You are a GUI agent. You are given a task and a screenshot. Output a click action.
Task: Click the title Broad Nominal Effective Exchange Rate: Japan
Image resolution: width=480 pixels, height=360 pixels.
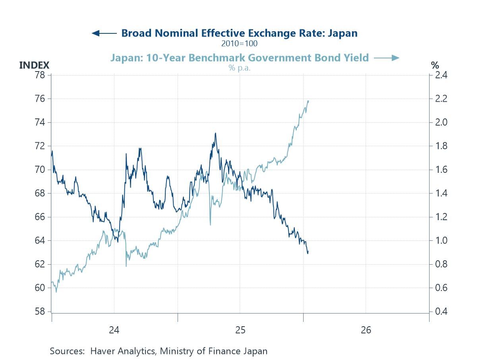pyautogui.click(x=239, y=33)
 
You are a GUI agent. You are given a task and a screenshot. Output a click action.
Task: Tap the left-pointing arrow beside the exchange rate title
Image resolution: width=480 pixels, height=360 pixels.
pyautogui.click(x=104, y=33)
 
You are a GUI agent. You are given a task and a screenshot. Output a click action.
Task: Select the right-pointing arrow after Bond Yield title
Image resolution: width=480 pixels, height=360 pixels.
pyautogui.click(x=386, y=58)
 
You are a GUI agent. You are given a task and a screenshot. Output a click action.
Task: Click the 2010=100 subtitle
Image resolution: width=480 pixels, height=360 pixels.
pyautogui.click(x=239, y=43)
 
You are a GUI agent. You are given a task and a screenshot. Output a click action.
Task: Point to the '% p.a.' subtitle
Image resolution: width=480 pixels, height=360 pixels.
pyautogui.click(x=239, y=68)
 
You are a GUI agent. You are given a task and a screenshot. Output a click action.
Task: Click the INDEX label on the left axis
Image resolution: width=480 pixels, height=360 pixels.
pyautogui.click(x=34, y=65)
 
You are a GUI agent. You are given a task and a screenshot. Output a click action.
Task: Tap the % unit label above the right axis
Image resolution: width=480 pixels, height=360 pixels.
pyautogui.click(x=435, y=65)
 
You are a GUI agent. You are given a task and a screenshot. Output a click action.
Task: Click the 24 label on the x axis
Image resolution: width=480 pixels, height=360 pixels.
pyautogui.click(x=114, y=330)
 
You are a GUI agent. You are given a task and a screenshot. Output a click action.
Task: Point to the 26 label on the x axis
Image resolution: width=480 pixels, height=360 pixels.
pyautogui.click(x=366, y=330)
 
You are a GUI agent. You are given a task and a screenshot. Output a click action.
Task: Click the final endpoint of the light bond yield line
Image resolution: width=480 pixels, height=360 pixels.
pyautogui.click(x=309, y=101)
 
